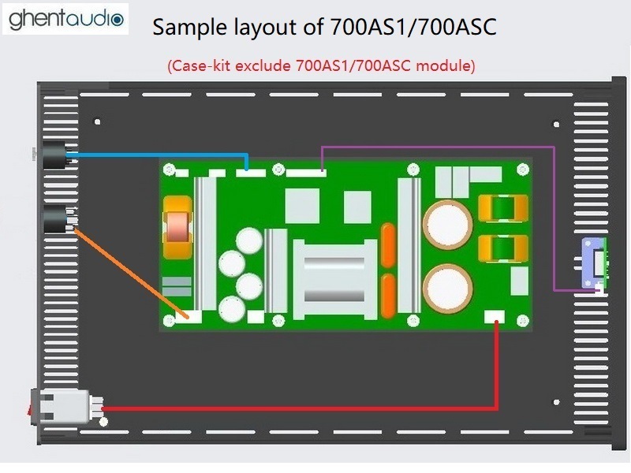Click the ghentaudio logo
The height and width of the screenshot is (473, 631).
pyautogui.click(x=65, y=19)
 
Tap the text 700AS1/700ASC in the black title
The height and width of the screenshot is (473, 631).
pyautogui.click(x=413, y=28)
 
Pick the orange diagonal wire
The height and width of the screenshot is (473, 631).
pyautogui.click(x=131, y=273)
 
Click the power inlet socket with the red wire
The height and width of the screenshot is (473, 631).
pyautogui.click(x=65, y=407)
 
